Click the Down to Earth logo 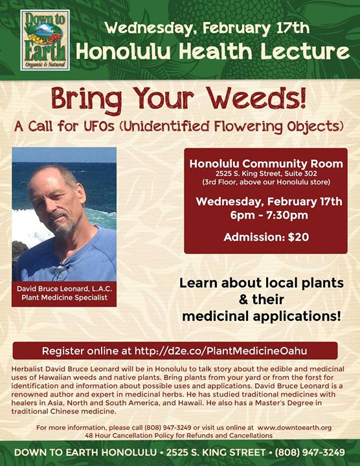tap(45, 40)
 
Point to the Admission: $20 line tap(266, 237)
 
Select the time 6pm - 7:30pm tap(269, 215)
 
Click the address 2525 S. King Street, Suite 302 tap(266, 173)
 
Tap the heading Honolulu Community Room tap(266, 164)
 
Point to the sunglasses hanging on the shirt tap(62, 272)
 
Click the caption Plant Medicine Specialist tap(64, 298)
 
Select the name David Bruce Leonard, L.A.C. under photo tap(64, 289)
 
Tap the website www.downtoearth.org tap(295, 428)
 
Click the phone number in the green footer tap(309, 452)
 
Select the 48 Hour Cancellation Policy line tap(179, 436)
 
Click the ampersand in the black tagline tap(243, 300)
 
